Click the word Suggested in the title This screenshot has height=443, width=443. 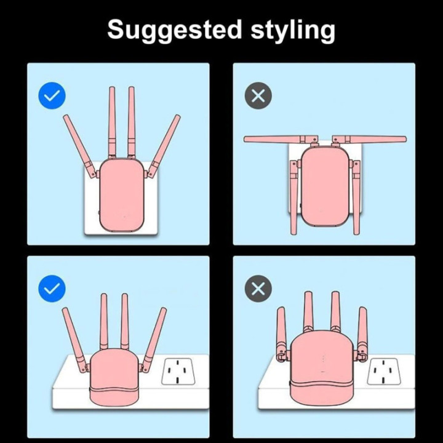(174, 30)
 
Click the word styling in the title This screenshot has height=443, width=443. (293, 30)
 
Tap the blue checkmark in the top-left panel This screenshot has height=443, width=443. (52, 96)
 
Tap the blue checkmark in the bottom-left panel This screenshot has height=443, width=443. (52, 289)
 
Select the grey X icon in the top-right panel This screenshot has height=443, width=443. (258, 96)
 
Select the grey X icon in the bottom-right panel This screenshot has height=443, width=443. (258, 289)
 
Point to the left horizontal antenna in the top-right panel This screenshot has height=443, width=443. (281, 139)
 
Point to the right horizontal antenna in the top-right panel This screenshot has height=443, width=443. (370, 139)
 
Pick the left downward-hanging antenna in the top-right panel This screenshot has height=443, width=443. (294, 197)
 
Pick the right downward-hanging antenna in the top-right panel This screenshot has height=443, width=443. (356, 197)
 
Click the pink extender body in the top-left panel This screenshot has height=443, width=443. (121, 195)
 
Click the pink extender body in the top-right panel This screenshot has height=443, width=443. (325, 186)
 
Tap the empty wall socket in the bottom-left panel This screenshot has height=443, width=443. (178, 371)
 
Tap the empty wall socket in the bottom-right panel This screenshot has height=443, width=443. (384, 371)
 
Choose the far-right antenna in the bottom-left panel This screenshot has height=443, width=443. (154, 340)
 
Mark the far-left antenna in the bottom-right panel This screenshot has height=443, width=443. (281, 334)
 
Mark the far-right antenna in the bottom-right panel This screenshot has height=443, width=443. (362, 334)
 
